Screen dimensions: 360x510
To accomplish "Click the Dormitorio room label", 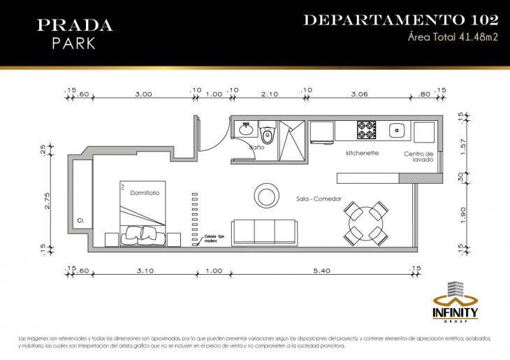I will [145, 192].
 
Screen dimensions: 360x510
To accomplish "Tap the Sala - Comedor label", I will [319, 199].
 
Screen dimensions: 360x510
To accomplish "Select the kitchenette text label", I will [363, 152].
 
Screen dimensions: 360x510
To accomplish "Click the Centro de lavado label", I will [419, 157].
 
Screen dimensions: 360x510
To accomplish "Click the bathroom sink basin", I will [246, 129].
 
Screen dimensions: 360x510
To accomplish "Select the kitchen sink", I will [397, 130].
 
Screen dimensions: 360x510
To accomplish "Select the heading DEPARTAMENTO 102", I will [400, 20].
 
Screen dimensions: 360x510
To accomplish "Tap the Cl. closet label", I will [81, 221].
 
